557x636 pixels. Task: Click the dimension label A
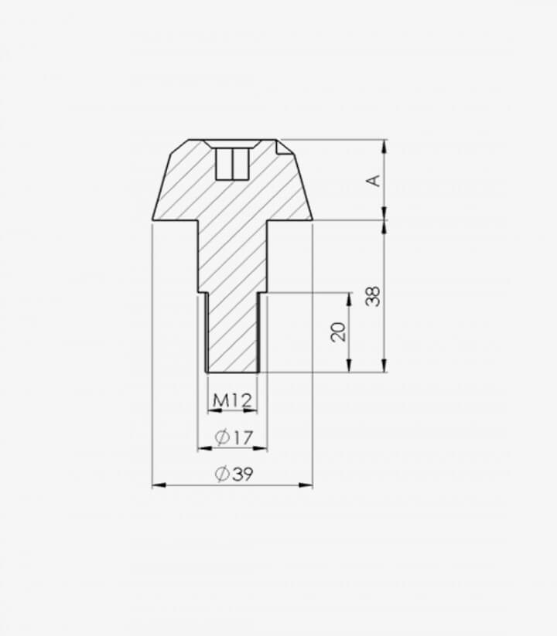374,181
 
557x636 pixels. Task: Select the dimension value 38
373,296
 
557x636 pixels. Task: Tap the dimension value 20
338,332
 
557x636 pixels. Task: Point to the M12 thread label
233,401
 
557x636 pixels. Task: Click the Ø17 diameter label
234,437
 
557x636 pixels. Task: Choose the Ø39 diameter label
234,474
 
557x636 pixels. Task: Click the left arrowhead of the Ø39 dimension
159,485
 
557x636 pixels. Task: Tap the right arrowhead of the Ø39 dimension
306,485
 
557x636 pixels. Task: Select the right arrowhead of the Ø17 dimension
260,448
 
